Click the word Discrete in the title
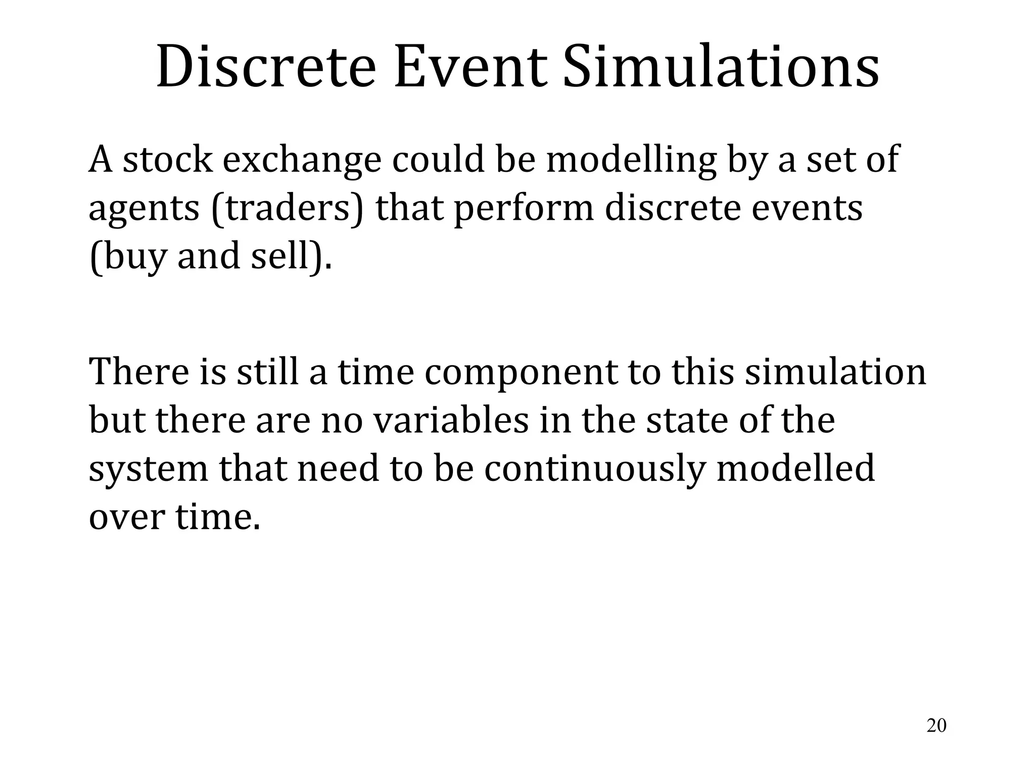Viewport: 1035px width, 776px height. pyautogui.click(x=266, y=68)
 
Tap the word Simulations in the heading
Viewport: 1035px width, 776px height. pyautogui.click(x=721, y=68)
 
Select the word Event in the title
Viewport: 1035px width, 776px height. pyautogui.click(x=470, y=68)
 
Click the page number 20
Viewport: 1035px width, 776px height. pyautogui.click(x=936, y=725)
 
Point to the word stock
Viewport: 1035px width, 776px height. pyautogui.click(x=168, y=160)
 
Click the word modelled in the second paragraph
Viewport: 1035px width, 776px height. pyautogui.click(x=795, y=468)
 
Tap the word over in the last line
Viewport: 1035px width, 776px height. pyautogui.click(x=127, y=517)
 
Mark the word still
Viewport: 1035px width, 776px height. pyautogui.click(x=268, y=372)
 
